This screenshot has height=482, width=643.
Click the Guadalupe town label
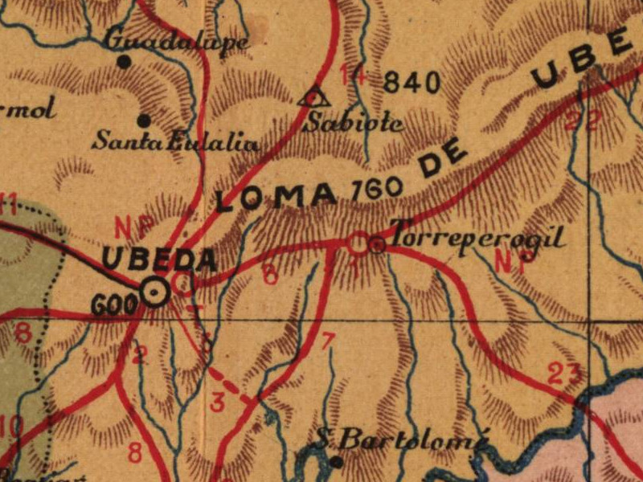177,39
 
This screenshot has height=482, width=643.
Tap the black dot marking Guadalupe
124,61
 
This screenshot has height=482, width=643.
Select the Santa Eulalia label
175,143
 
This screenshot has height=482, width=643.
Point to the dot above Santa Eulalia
144,120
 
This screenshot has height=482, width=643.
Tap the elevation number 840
412,82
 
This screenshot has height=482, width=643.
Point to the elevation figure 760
377,189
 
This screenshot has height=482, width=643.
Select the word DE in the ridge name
444,161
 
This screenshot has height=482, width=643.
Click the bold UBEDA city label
159,259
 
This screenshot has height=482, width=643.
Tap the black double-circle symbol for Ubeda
155,292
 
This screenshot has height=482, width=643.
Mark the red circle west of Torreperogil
358,243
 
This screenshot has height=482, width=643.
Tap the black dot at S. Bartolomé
337,461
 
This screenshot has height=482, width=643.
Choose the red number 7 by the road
326,341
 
